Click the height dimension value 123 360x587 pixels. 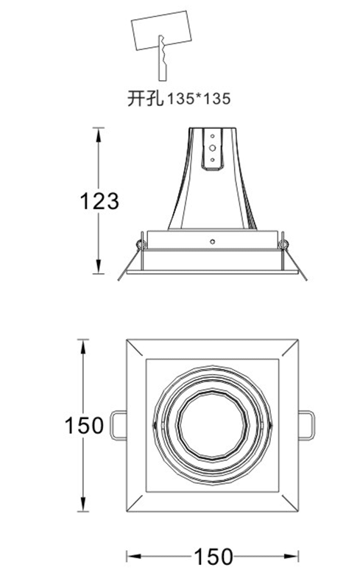[x=99, y=201]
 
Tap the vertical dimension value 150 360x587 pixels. [x=84, y=425]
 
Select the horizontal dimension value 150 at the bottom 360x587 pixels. [x=213, y=557]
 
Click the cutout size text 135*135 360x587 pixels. [x=198, y=99]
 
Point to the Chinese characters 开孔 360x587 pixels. [x=146, y=99]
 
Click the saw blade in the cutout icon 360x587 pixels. [x=163, y=58]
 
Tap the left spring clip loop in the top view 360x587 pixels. [x=119, y=426]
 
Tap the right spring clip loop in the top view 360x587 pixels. [x=306, y=426]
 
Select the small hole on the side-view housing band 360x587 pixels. [x=213, y=242]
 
